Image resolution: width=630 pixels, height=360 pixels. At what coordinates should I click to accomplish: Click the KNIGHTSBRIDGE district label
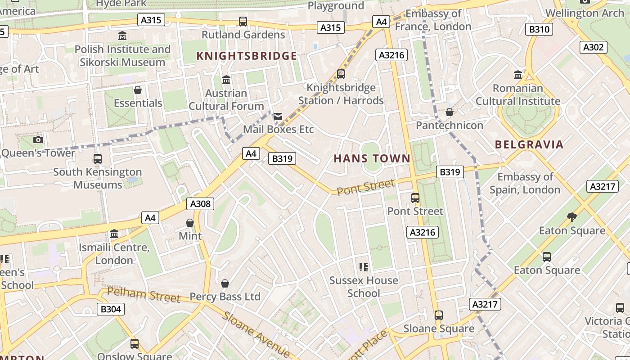(247, 56)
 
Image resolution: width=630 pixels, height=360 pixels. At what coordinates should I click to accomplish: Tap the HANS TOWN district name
(372, 158)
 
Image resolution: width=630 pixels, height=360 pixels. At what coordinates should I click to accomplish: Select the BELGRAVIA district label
(529, 144)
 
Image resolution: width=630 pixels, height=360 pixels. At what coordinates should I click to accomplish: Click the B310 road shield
(539, 30)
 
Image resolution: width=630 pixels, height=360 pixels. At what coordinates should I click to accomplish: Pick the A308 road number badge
(200, 204)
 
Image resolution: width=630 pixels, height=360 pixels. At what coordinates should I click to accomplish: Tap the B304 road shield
(110, 309)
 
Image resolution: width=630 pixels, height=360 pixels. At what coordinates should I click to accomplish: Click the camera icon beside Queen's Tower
(38, 139)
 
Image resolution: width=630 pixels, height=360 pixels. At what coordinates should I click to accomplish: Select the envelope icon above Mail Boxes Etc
(278, 117)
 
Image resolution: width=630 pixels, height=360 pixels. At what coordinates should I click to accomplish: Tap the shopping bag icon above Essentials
(138, 90)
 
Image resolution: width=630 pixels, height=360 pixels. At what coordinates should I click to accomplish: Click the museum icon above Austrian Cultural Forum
(226, 80)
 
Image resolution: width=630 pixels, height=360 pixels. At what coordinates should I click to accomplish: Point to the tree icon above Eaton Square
(572, 217)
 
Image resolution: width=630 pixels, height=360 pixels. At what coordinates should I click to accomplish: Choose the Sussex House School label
(364, 287)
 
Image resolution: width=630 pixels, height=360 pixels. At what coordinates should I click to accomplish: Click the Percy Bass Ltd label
(225, 297)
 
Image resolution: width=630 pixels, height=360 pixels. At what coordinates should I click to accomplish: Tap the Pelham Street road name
(144, 295)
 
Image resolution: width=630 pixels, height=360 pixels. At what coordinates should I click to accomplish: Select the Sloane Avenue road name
(256, 333)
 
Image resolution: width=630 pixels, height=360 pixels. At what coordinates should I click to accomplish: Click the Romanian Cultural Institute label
(518, 94)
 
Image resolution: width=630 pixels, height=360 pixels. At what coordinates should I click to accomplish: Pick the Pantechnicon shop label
(449, 125)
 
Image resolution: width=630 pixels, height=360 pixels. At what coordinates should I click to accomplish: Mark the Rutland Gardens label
(243, 35)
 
